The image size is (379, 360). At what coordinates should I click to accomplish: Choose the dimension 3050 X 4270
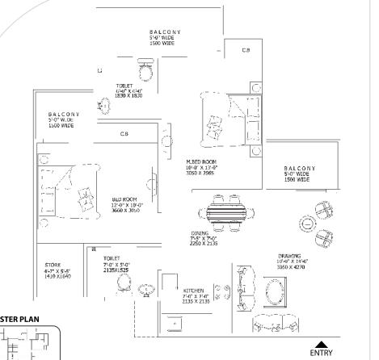[290, 266]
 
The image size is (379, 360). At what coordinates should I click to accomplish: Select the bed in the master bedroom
[224, 117]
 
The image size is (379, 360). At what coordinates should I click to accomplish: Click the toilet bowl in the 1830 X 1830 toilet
[145, 71]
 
